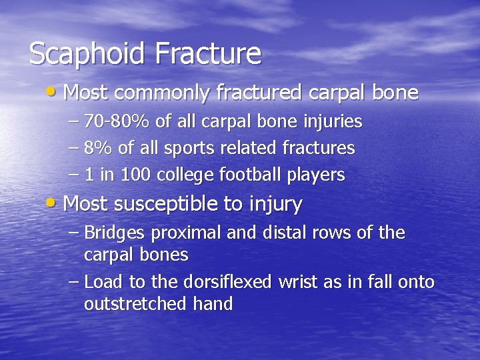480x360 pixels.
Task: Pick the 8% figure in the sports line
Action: (x=99, y=148)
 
